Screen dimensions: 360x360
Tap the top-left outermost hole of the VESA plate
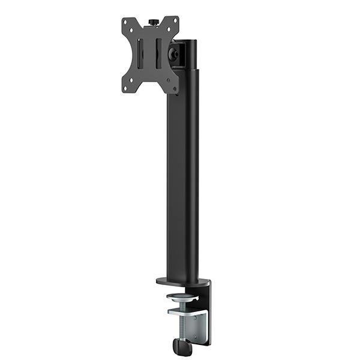[x=125, y=22]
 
